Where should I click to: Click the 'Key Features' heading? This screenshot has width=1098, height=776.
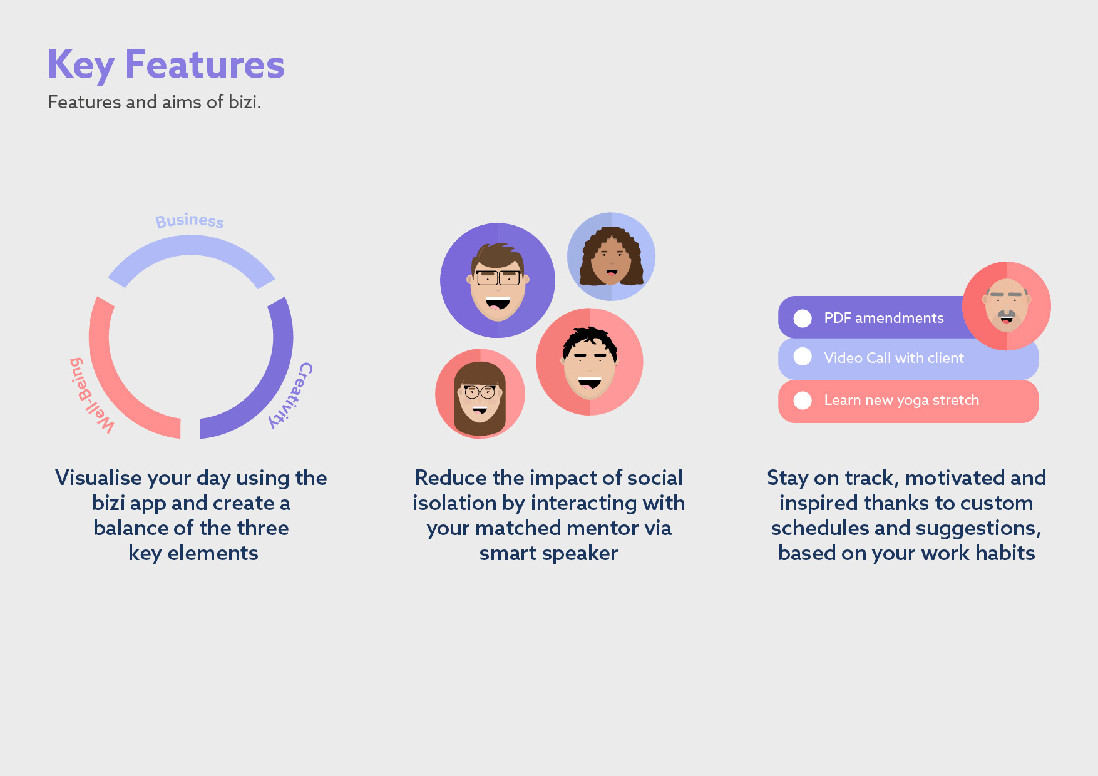coord(166,65)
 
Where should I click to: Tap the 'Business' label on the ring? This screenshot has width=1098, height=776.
coord(190,220)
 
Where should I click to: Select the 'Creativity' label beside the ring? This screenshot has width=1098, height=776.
coord(292,395)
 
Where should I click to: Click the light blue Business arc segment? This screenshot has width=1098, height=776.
coord(191,245)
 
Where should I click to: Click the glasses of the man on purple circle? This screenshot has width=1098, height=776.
coord(498,277)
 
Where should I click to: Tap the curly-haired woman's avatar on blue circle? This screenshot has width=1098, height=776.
coord(611,257)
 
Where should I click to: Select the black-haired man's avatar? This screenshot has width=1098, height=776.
coord(590,362)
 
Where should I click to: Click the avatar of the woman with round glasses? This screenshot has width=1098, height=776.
coord(480,394)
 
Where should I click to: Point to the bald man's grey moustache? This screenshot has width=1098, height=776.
coord(1007,314)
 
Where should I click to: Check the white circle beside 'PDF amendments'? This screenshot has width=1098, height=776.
coord(803,319)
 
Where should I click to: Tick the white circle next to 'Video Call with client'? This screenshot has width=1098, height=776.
coord(803,357)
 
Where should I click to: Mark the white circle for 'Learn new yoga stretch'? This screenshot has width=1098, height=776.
coord(803,401)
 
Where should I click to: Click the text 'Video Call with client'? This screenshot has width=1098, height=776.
coord(894,358)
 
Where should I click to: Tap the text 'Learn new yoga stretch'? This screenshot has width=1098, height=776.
coord(901,401)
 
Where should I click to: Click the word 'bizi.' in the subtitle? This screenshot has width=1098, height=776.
coord(245,102)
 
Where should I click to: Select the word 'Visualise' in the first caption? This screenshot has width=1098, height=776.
coord(99,478)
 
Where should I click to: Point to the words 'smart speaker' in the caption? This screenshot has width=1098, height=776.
coord(548,554)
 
